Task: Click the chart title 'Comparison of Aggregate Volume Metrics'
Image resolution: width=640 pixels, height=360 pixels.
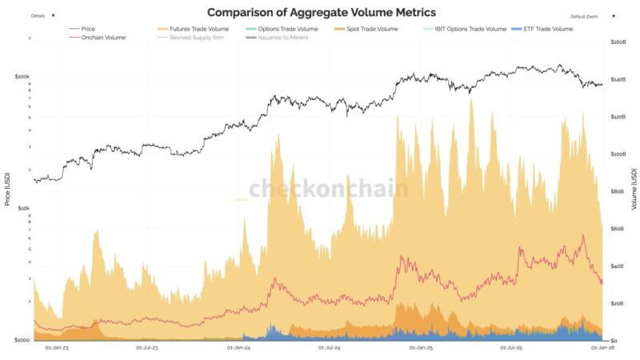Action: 322,13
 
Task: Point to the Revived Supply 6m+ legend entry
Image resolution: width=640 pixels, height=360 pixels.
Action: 197,38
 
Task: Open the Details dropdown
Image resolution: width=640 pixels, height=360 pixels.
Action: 42,15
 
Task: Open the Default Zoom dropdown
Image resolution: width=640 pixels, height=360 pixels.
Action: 593,16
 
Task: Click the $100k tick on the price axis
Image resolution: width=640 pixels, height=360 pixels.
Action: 22,77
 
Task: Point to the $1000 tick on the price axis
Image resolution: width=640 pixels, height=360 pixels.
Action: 22,340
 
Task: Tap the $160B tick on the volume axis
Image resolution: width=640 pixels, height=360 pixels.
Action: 618,42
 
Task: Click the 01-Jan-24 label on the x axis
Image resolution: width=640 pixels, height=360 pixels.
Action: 239,348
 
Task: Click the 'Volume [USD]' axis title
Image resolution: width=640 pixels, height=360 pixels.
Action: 634,190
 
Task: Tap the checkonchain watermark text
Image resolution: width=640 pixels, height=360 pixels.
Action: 328,189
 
